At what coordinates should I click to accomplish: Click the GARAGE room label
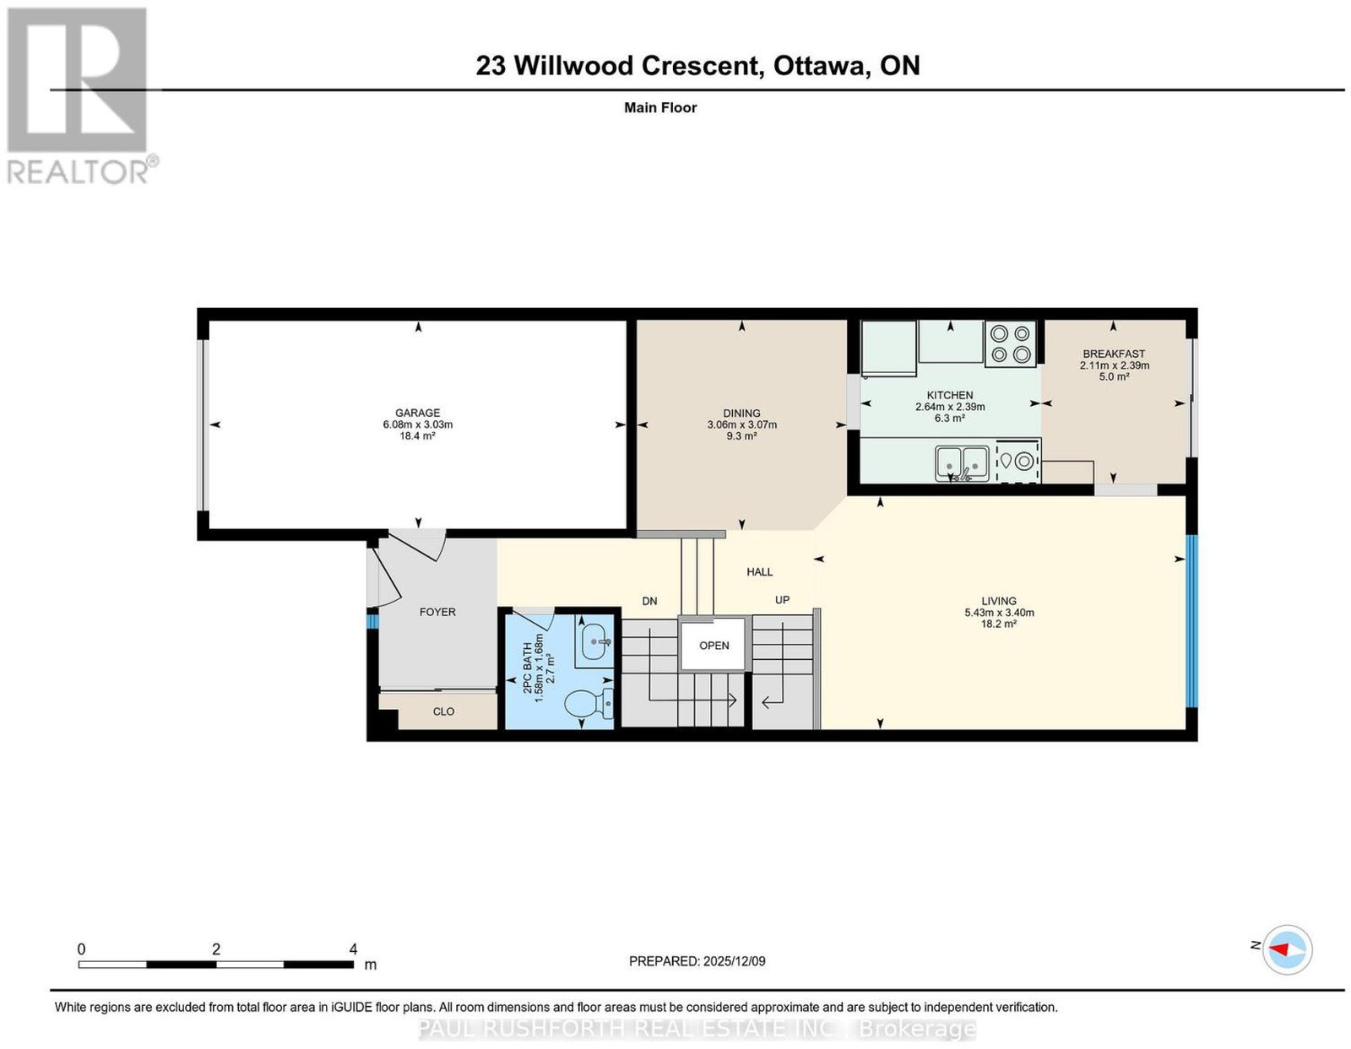(x=417, y=413)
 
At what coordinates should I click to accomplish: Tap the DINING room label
(x=741, y=413)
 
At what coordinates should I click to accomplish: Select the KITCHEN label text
(x=949, y=395)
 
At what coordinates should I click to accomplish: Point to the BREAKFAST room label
(x=1114, y=354)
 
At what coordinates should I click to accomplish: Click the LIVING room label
(x=999, y=601)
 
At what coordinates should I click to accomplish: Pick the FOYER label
(x=437, y=612)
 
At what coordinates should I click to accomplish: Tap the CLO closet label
(x=443, y=711)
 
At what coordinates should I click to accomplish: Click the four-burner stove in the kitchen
(x=1011, y=343)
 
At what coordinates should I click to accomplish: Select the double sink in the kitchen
(x=962, y=464)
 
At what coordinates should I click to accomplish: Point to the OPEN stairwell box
(x=713, y=646)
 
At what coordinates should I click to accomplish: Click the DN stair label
(x=649, y=601)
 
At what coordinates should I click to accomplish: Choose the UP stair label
(x=782, y=600)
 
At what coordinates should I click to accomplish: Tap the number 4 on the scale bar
(x=353, y=949)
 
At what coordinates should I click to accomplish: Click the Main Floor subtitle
(x=660, y=107)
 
